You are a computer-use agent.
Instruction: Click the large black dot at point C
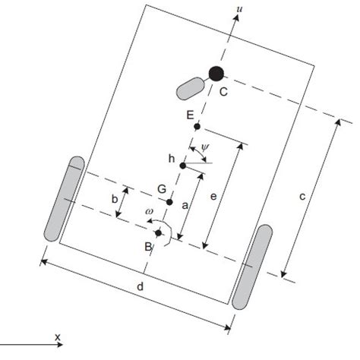[216, 74]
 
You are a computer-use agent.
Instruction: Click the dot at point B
[158, 232]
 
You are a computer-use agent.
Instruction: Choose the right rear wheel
[253, 267]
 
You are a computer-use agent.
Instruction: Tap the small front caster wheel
[190, 87]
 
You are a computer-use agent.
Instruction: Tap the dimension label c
[302, 196]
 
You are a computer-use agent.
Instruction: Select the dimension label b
[114, 199]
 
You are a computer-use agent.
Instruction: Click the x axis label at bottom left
[58, 335]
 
